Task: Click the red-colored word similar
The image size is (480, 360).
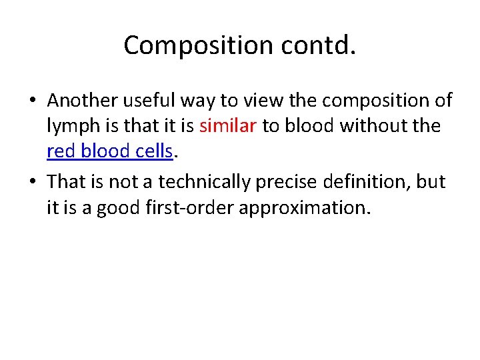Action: [228, 127]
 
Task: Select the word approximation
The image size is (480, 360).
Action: [303, 208]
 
